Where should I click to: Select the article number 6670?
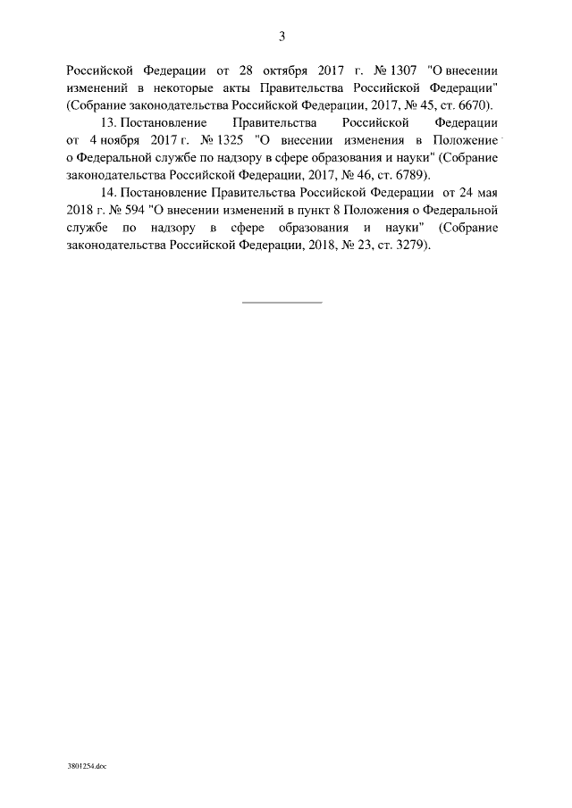474,105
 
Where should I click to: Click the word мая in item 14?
484,192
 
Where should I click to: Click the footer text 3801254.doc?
86,766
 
